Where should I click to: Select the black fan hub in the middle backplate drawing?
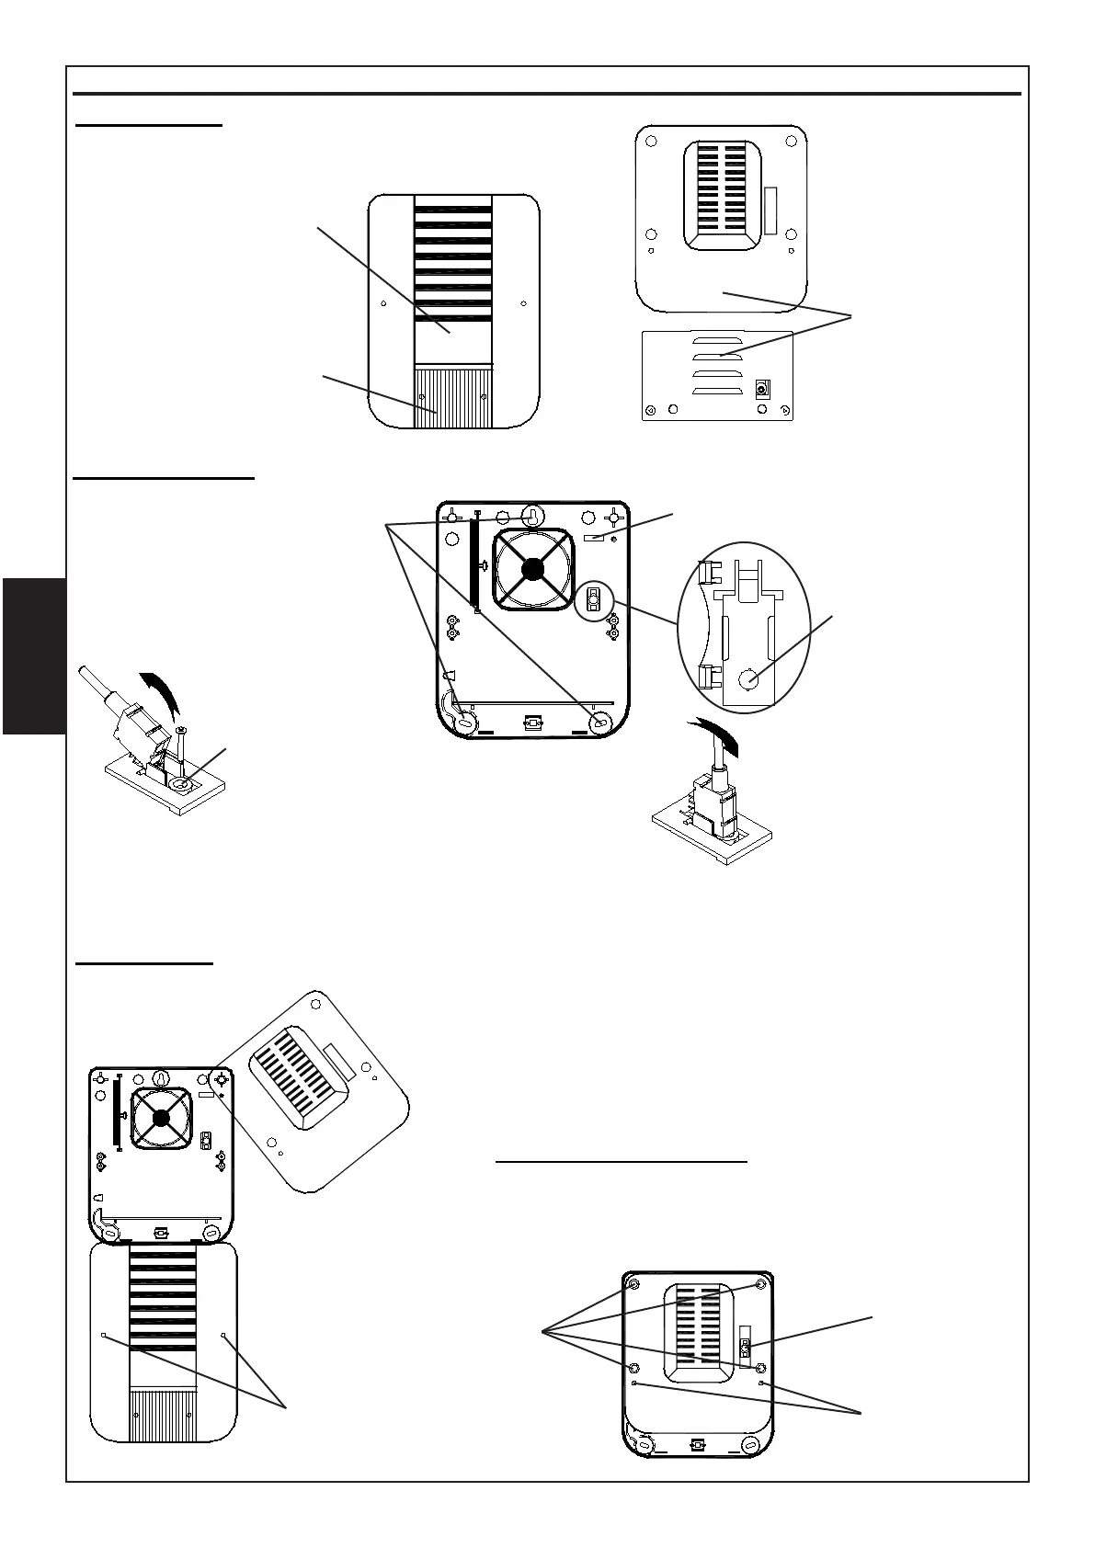(531, 570)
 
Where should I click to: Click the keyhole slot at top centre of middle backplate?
(531, 516)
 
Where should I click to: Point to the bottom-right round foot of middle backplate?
(601, 722)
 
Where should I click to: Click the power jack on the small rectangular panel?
(761, 389)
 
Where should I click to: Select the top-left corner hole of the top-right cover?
(651, 142)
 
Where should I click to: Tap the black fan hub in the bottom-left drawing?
(162, 1117)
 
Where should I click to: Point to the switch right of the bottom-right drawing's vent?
(746, 1349)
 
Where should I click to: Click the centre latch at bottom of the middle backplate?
(531, 724)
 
